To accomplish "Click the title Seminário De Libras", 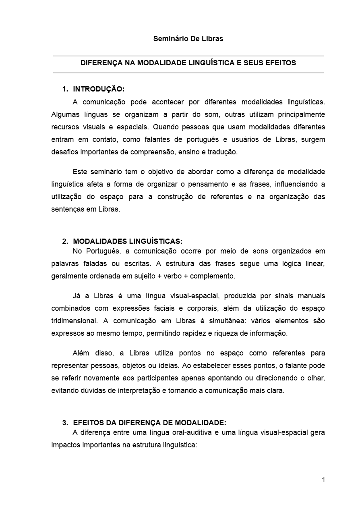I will click(188, 39).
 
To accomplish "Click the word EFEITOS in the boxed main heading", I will click(282, 63).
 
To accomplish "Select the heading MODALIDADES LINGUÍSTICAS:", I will click(128, 241).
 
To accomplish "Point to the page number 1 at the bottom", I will click(323, 480).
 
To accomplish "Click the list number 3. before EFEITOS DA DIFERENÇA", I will click(65, 423).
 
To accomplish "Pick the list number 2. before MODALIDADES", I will click(65, 241).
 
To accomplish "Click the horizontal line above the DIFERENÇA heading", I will click(188, 56).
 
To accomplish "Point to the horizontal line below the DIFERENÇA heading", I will click(188, 73).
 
